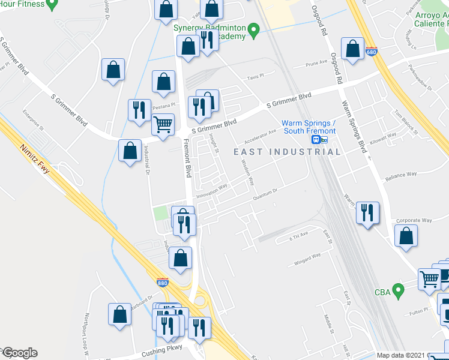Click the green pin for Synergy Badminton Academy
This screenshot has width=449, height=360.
pyautogui.click(x=253, y=29)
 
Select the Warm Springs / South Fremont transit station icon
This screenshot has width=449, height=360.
pyautogui.click(x=319, y=140)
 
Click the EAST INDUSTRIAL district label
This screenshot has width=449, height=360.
pyautogui.click(x=287, y=152)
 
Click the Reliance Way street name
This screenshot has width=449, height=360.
pyautogui.click(x=402, y=175)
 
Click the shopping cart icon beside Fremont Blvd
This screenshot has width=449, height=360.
pyautogui.click(x=163, y=124)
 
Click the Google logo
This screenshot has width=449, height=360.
pyautogui.click(x=19, y=353)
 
